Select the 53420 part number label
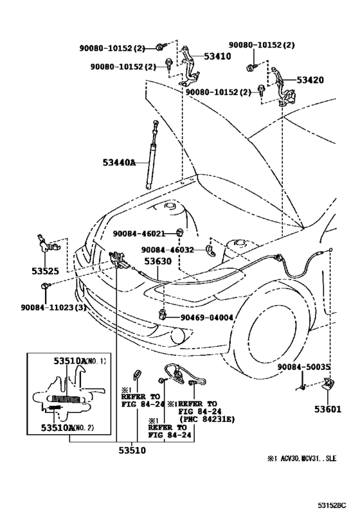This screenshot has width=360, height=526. (310, 80)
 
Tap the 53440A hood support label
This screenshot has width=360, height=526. (119, 162)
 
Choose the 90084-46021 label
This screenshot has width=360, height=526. (139, 234)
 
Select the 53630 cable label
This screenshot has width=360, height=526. (157, 261)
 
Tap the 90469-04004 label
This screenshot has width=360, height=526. (206, 317)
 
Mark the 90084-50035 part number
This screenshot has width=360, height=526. (305, 366)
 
